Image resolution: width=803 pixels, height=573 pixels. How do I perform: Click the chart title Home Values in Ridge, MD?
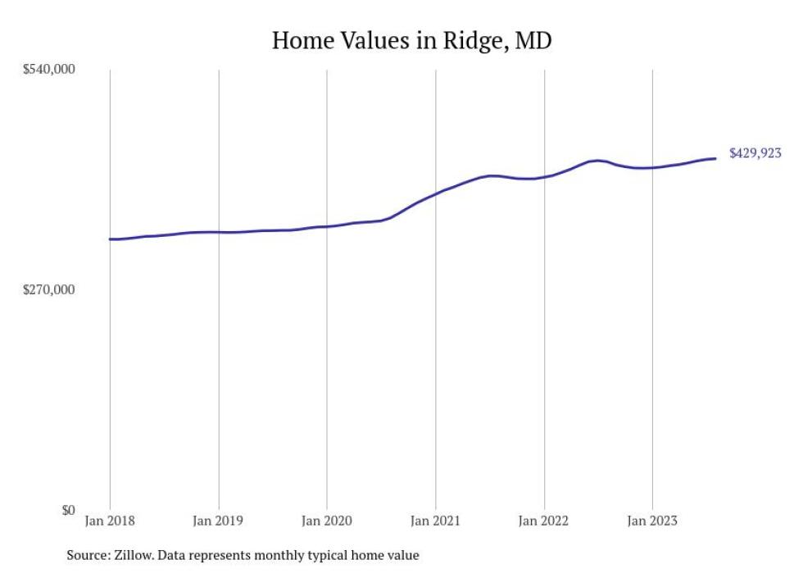click(411, 40)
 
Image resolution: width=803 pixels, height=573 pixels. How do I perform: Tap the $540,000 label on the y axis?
click(48, 69)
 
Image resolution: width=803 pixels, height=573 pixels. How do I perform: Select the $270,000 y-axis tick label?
click(48, 289)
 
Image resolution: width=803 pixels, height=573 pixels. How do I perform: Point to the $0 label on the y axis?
click(68, 510)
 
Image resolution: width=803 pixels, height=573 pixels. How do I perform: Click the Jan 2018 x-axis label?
click(110, 521)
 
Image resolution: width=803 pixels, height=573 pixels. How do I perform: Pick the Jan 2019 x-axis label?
click(218, 521)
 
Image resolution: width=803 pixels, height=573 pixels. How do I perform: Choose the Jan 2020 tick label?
click(327, 521)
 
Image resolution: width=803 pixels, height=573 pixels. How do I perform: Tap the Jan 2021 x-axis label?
click(435, 521)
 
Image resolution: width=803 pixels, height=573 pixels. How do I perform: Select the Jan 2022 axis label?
click(543, 521)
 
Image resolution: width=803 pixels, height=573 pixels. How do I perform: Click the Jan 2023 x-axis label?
click(652, 521)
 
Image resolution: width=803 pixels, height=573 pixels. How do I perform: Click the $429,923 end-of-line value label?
click(755, 153)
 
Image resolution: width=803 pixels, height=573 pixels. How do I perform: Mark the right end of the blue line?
click(715, 158)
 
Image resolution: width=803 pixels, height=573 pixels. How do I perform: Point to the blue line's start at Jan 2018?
click(110, 239)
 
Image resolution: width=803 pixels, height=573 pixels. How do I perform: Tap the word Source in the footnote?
click(88, 555)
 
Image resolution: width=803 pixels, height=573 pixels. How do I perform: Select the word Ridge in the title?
click(475, 41)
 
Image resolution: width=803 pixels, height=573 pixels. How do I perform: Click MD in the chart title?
click(533, 40)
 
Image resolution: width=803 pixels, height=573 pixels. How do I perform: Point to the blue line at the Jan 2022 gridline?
click(544, 177)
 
